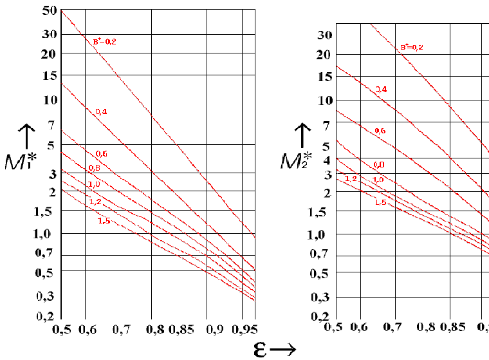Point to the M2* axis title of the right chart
click(x=297, y=160)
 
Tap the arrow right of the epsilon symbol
click(x=282, y=349)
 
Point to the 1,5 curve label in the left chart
click(x=104, y=221)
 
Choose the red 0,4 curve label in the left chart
click(x=101, y=111)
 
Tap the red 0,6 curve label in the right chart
click(x=379, y=131)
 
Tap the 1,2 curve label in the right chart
click(x=351, y=178)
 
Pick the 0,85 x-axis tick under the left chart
click(x=181, y=329)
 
